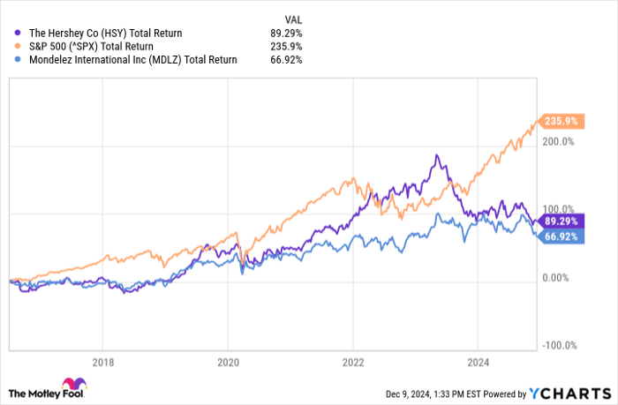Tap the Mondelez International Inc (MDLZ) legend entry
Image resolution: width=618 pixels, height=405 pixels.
(x=126, y=60)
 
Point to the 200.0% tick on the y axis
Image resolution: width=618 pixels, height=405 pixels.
(x=557, y=141)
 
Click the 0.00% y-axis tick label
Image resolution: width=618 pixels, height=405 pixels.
(x=556, y=278)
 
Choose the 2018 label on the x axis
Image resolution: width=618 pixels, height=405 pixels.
(x=103, y=361)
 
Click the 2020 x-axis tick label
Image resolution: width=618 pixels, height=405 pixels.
(x=228, y=361)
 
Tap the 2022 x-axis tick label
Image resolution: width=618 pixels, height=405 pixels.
(x=353, y=361)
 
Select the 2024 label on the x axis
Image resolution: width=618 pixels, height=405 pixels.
(x=478, y=361)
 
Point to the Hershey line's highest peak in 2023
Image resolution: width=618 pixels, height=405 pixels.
(x=436, y=156)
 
